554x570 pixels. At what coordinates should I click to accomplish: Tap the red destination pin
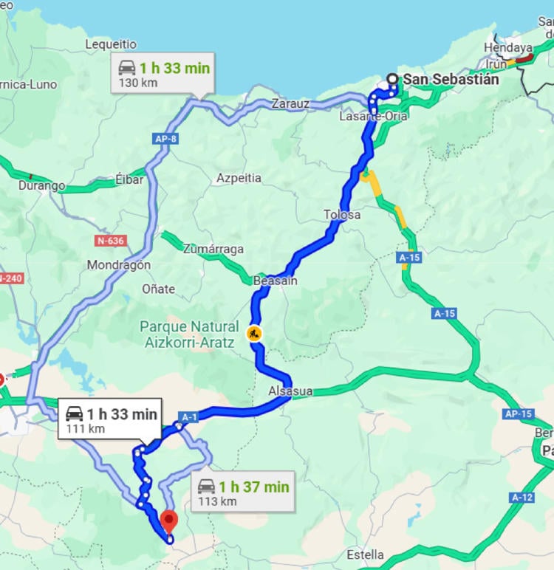pos(169,521)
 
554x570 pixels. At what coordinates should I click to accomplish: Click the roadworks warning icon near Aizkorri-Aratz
pos(255,333)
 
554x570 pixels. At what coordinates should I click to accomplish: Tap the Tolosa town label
pos(342,215)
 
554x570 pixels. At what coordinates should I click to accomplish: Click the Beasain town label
pos(275,281)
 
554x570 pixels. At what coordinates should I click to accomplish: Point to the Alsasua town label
pos(291,391)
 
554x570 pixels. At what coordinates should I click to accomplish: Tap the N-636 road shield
pos(111,241)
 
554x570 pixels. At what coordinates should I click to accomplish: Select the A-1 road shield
pos(190,417)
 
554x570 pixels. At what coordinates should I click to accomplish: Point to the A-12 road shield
pos(521,497)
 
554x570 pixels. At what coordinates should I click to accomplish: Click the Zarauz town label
pos(290,104)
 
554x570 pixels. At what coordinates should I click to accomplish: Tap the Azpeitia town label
pos(239,178)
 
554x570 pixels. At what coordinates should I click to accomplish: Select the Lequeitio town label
pos(111,44)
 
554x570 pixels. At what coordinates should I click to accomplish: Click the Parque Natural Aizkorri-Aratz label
pos(189,334)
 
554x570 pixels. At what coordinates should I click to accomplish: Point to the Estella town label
pos(365,554)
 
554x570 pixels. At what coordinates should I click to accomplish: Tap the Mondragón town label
pos(119,264)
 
